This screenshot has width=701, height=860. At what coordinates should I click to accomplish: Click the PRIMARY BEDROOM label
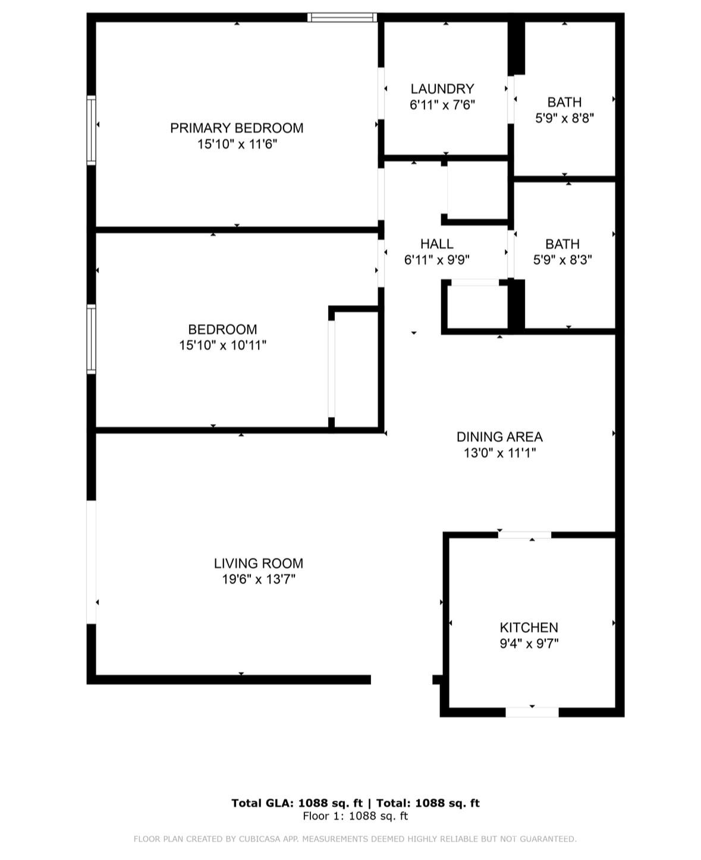click(x=237, y=128)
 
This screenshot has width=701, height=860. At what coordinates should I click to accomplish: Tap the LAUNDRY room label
click(x=442, y=89)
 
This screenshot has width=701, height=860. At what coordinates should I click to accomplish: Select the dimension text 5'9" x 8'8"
click(x=564, y=118)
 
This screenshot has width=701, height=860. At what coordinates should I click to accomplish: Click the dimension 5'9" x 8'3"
click(x=562, y=260)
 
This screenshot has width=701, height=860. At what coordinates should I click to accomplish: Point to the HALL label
click(x=437, y=244)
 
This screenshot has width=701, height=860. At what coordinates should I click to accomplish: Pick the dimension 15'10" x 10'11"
click(x=222, y=346)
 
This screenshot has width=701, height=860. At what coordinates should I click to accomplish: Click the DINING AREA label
click(x=499, y=437)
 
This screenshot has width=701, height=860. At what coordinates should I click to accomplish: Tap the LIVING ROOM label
click(x=259, y=563)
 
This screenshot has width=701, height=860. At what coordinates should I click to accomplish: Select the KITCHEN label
click(x=529, y=627)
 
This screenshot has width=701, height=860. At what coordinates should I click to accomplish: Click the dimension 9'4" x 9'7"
click(x=529, y=644)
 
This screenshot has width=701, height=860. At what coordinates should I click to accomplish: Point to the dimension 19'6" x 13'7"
click(x=259, y=579)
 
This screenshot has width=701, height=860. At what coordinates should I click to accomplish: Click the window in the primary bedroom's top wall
click(x=342, y=17)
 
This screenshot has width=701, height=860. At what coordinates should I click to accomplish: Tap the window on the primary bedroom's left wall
click(x=92, y=130)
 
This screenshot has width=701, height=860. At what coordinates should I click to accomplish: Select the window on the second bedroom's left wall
click(x=92, y=339)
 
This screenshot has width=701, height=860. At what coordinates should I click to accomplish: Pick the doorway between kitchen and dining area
click(x=524, y=535)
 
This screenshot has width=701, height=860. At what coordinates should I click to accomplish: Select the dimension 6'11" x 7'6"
click(x=442, y=105)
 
